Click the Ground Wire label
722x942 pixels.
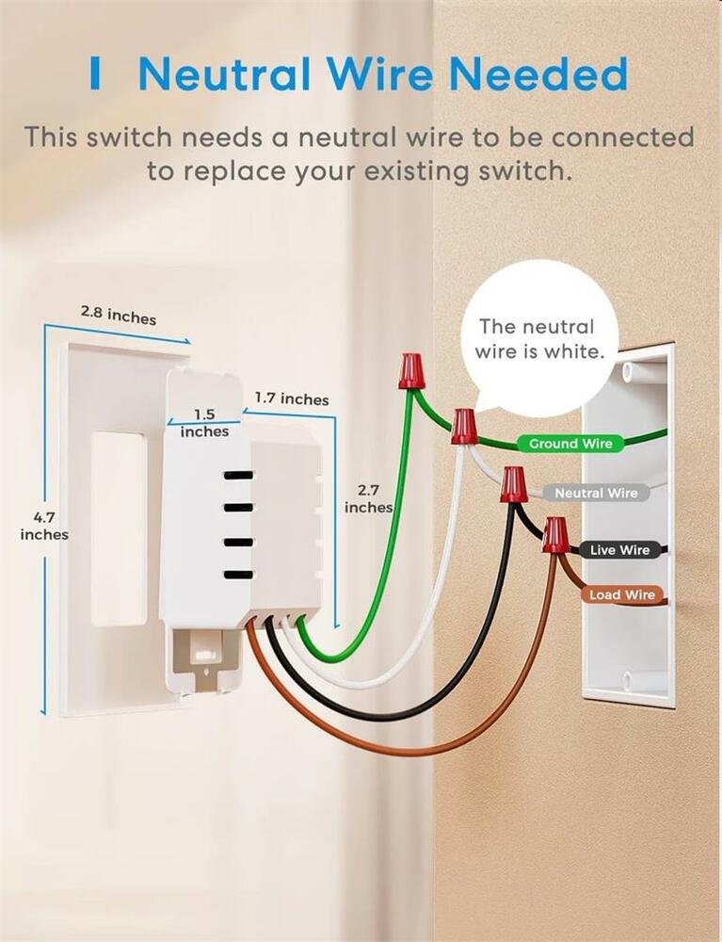[570, 443]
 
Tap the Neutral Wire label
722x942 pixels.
[595, 493]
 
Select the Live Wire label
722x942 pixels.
[619, 549]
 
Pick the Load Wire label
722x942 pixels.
[621, 594]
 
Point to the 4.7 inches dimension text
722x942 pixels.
[44, 526]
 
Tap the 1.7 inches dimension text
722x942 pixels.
[292, 399]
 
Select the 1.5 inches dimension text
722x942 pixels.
[204, 423]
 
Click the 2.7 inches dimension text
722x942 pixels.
[368, 498]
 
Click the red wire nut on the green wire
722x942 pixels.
[409, 370]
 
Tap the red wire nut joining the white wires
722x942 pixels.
[463, 426]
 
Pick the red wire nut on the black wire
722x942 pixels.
[513, 484]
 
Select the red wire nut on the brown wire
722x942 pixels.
[555, 535]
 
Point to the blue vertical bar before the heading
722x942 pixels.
[95, 73]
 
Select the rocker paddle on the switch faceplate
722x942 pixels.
[118, 528]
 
